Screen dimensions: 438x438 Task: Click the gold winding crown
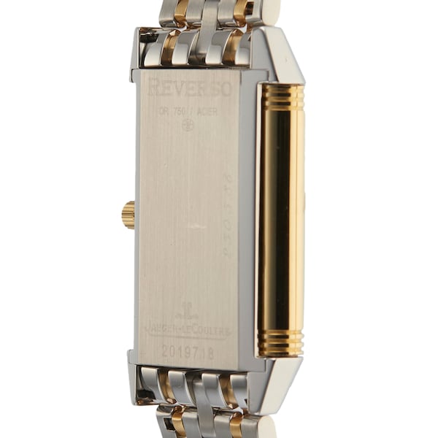point(128,215)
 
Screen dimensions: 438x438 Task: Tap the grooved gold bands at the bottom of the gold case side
point(281,344)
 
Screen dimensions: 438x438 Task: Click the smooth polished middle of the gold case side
point(281,219)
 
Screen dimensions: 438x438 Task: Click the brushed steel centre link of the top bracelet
point(206,44)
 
